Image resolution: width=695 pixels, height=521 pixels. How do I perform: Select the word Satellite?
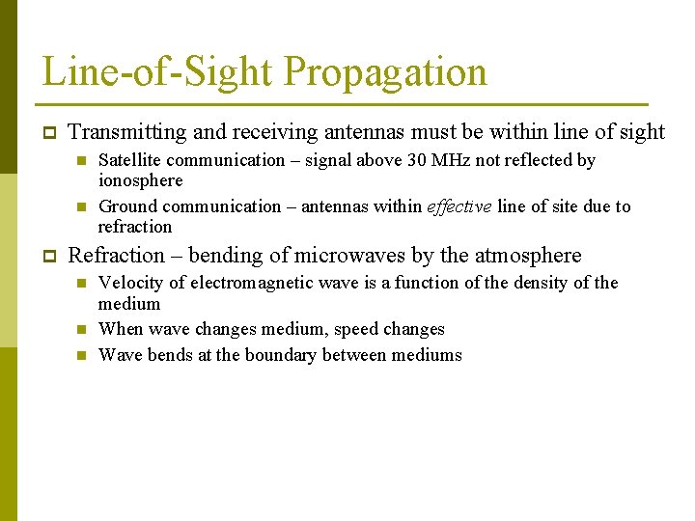131,160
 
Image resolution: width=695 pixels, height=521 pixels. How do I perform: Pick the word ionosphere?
141,180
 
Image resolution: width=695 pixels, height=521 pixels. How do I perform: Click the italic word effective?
459,206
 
